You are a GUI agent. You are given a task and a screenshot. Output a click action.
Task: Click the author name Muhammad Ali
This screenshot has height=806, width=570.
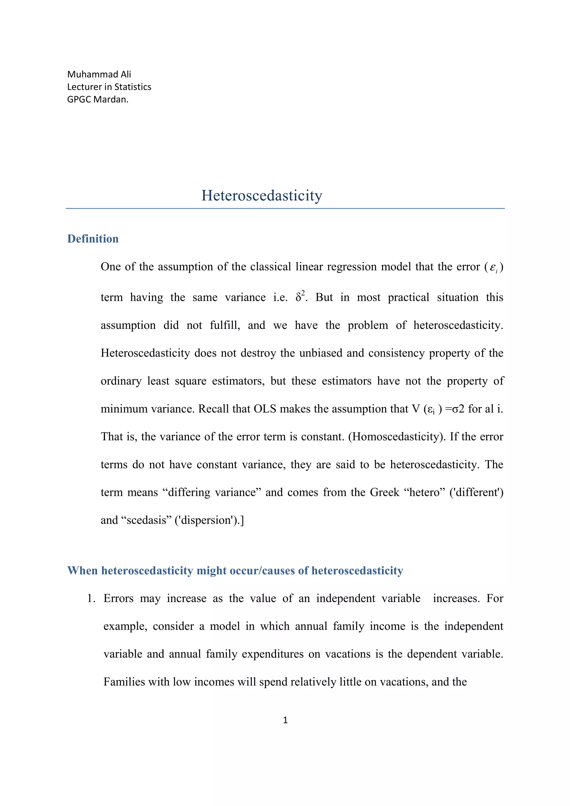(99, 75)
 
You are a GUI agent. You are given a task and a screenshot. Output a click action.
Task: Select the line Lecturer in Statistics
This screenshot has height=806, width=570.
(109, 87)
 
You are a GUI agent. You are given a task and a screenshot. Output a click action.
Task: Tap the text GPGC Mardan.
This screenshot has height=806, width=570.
(98, 100)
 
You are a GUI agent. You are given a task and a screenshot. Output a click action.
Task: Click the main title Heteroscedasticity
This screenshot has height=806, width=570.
(262, 196)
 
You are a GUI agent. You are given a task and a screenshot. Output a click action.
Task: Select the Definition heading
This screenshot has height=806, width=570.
(93, 239)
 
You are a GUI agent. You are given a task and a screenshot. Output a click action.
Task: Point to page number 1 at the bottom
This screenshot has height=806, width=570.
(285, 720)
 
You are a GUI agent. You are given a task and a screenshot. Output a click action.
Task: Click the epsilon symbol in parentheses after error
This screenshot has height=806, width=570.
(493, 268)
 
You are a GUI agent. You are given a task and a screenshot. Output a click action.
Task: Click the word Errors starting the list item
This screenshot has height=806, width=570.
(118, 599)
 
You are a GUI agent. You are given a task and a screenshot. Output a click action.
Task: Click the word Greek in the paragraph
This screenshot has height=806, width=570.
(385, 493)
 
